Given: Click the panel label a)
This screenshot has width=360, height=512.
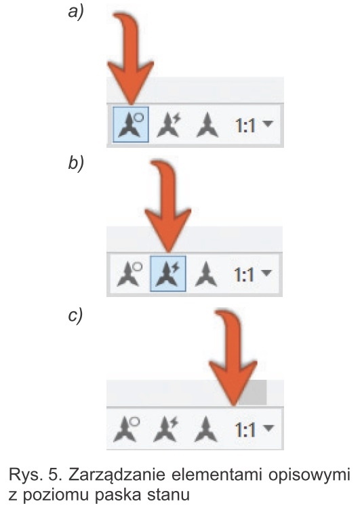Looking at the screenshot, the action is pos(76,13).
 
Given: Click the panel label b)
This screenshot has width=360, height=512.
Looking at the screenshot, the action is pos(76,162).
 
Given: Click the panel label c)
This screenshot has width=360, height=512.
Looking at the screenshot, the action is pos(75,315).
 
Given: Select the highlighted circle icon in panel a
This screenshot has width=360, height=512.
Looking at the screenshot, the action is pos(131,124).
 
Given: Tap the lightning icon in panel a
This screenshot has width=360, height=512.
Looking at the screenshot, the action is pos(168,125).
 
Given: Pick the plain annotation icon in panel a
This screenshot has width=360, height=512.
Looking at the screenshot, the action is pos(207,125).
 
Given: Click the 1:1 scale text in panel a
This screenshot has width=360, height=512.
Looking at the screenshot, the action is pos(245,125).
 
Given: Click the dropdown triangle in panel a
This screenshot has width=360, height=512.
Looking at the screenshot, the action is pos(268,123).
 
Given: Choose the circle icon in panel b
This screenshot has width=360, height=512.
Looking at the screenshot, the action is pos(129,274).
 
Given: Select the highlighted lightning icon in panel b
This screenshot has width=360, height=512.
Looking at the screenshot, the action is pos(168,274).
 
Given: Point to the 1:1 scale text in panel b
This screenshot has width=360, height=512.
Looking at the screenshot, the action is pos(244,275).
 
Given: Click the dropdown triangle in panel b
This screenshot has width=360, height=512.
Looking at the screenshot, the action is pos(267,273).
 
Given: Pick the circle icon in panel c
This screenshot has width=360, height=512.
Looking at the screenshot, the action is pos(127,429).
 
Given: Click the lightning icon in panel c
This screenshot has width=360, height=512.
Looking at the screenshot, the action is pos(166,429).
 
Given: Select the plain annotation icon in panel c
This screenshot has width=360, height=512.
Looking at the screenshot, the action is pos(205,429).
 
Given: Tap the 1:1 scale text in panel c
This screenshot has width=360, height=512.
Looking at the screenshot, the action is pos(245,430).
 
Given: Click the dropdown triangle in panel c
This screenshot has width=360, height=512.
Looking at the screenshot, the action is pos(268,428).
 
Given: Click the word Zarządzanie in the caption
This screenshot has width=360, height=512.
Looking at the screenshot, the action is pos(117,475).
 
